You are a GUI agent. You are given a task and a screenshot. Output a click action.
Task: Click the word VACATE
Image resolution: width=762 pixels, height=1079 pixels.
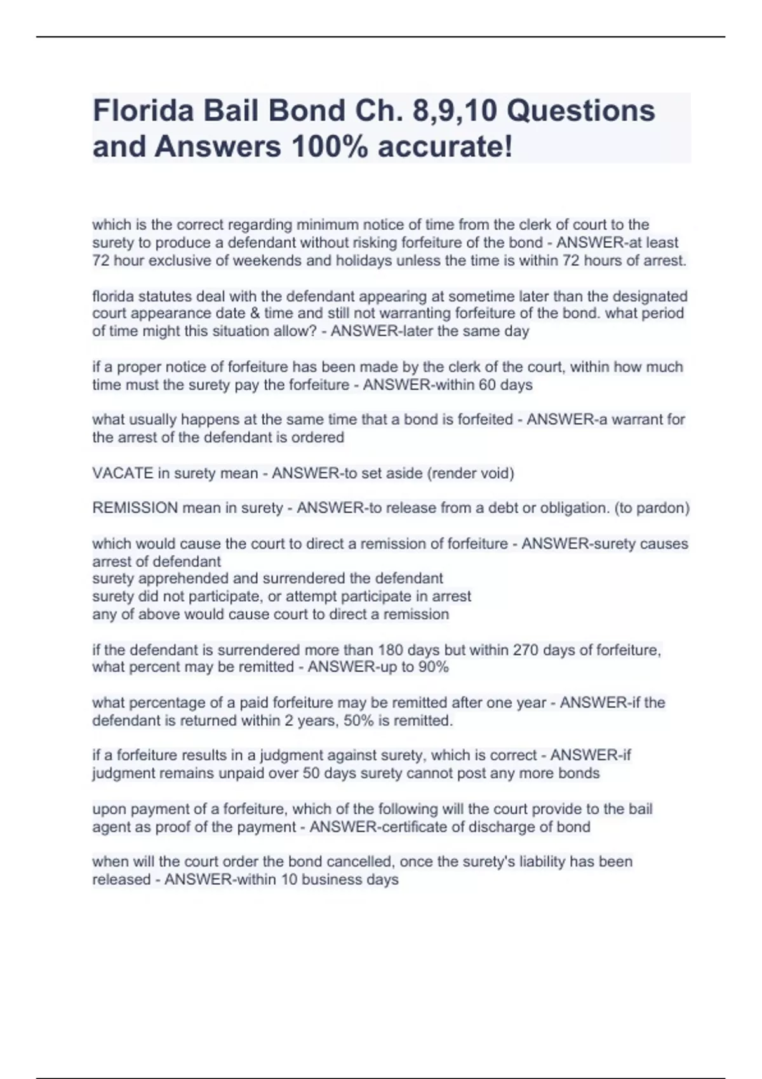pos(123,473)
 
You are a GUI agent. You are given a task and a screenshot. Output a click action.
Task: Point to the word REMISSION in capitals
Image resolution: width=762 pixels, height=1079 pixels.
pos(135,508)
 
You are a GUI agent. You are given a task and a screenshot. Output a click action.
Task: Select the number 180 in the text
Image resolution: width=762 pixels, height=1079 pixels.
pos(390,650)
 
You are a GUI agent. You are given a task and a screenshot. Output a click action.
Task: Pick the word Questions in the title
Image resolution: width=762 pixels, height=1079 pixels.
pos(580,111)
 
